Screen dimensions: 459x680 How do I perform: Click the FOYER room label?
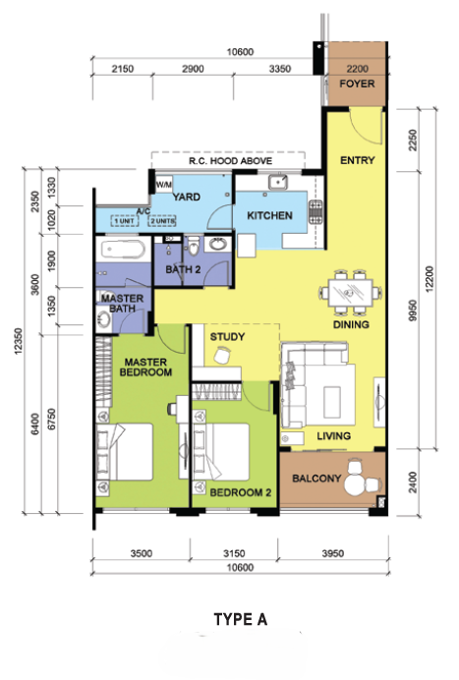(357, 84)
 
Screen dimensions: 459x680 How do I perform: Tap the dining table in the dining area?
(350, 293)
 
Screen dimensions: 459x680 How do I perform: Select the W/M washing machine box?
(163, 185)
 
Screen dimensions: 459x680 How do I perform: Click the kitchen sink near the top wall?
(277, 182)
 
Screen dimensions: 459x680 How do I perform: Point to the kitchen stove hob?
(316, 212)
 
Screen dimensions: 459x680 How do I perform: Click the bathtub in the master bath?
(123, 251)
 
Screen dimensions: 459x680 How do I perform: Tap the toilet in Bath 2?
(194, 246)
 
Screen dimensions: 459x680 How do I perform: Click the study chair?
(222, 355)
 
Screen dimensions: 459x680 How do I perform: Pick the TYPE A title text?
(241, 619)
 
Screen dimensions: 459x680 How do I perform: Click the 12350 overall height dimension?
(18, 342)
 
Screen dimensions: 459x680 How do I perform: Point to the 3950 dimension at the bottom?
(333, 553)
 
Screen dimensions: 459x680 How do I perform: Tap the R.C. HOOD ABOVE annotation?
(230, 161)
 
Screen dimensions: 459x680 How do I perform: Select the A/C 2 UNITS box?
(162, 221)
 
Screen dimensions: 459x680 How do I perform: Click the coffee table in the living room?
(332, 402)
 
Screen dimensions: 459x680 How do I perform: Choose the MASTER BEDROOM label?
(145, 367)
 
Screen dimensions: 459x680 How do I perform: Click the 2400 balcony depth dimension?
(413, 482)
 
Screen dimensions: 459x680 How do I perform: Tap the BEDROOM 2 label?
(241, 492)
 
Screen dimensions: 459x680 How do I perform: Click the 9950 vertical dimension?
(413, 311)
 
